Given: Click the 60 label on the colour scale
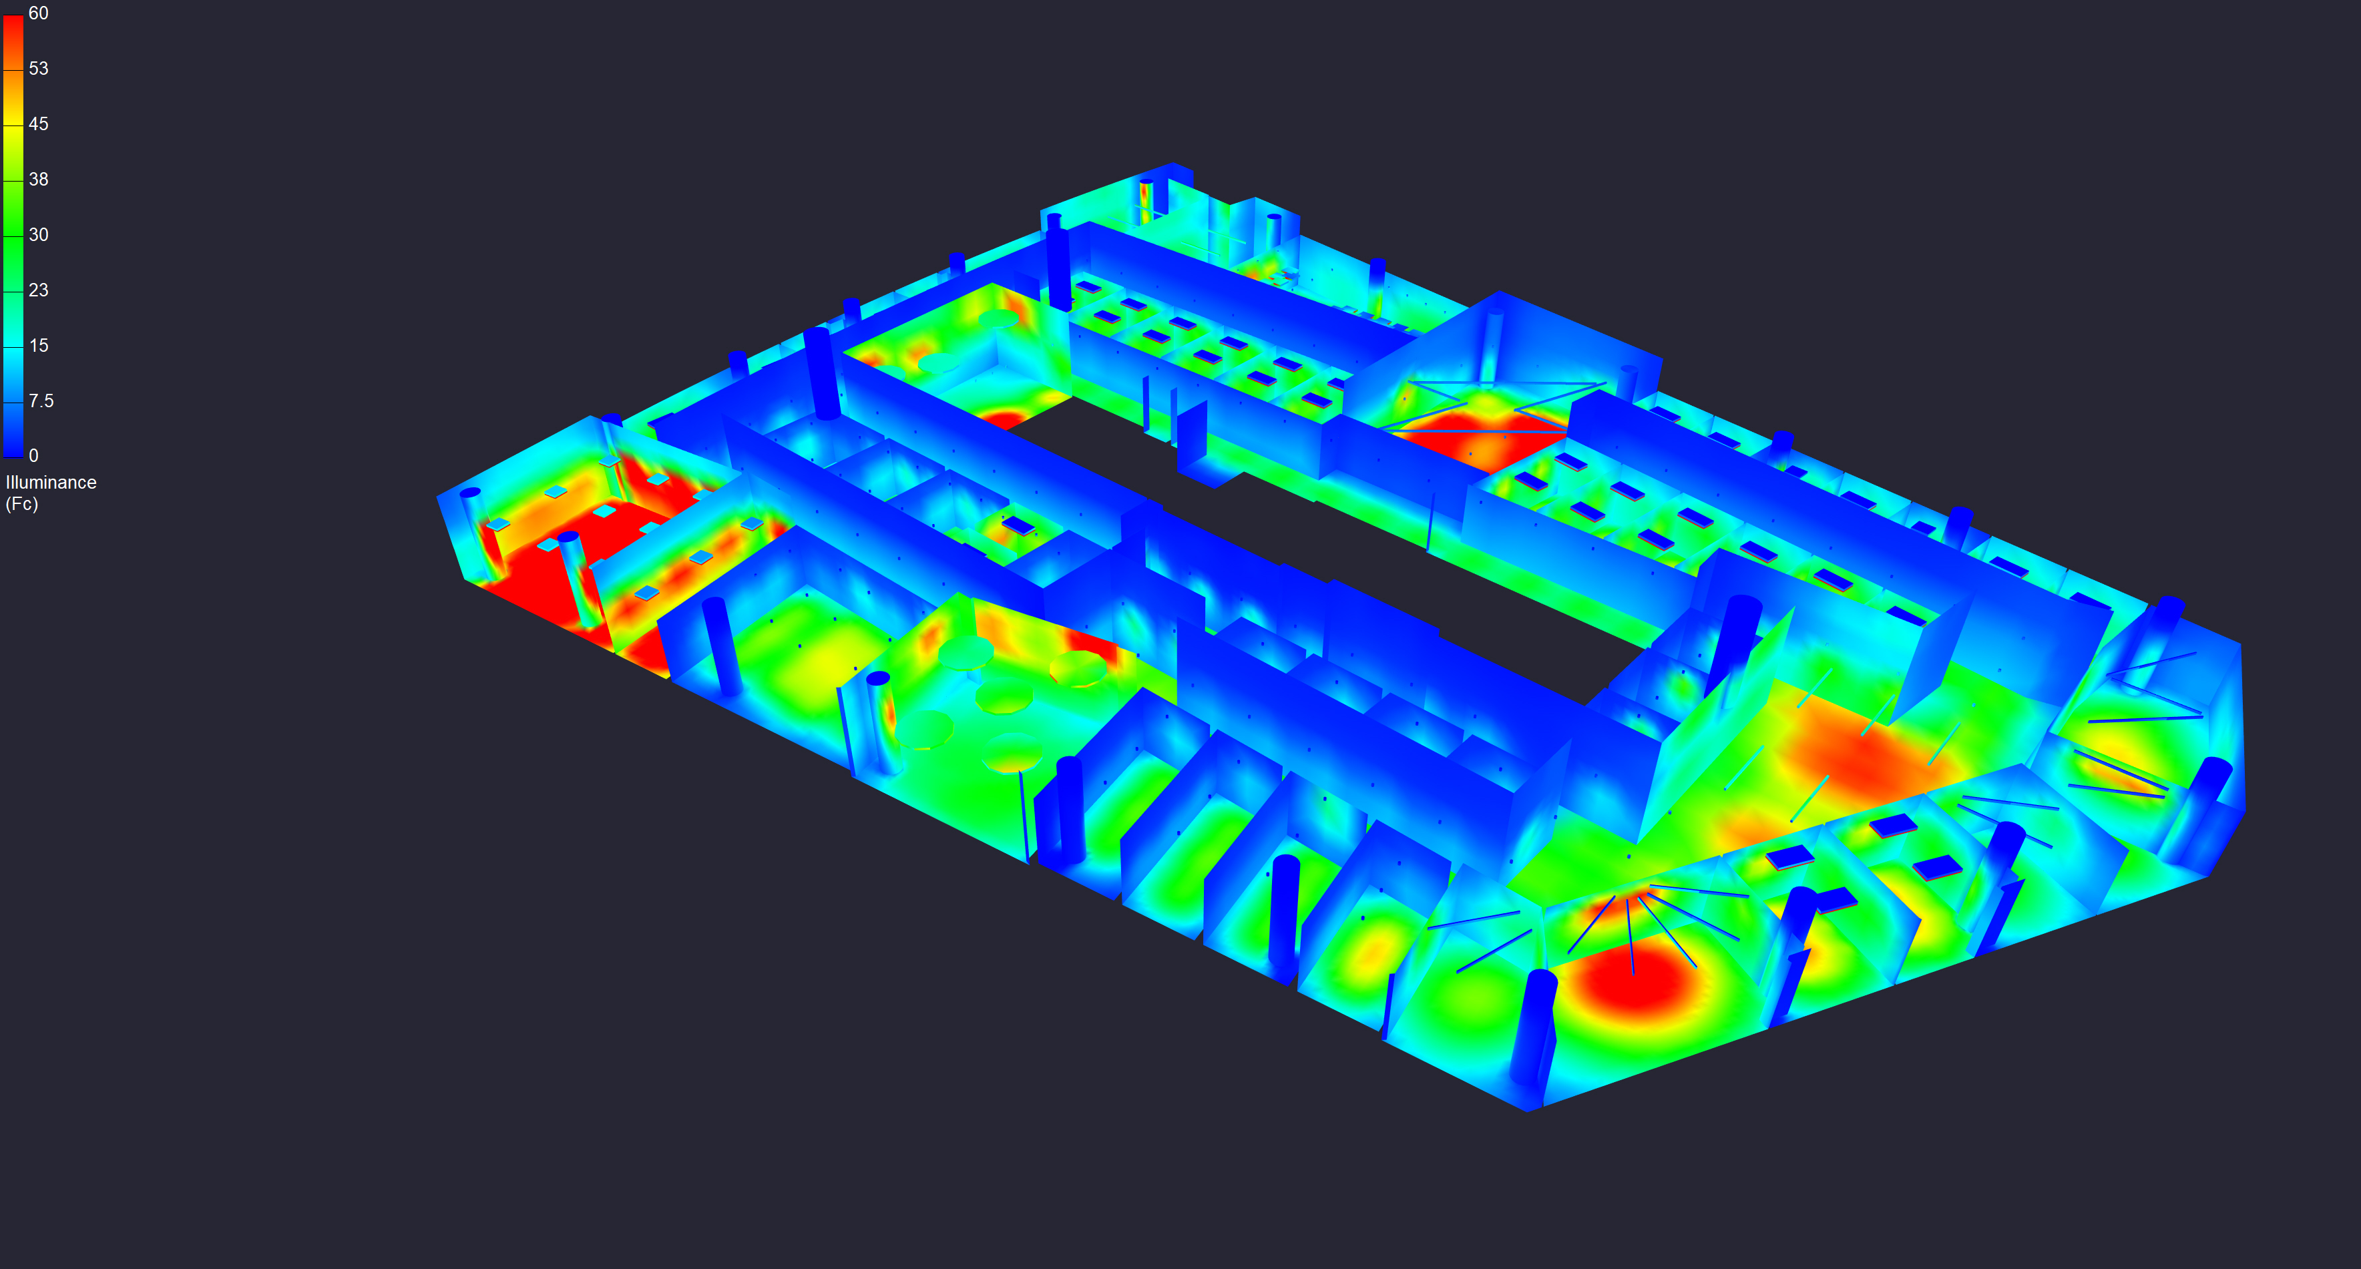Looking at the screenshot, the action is [x=39, y=13].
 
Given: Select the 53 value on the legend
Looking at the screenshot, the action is [x=39, y=69].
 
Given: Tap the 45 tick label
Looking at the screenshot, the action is [x=39, y=123].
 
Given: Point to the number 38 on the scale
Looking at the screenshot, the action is [x=39, y=180].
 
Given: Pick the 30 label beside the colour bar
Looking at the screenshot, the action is [x=39, y=234].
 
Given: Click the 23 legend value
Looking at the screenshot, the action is [x=39, y=290].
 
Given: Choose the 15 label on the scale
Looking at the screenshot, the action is [x=39, y=345].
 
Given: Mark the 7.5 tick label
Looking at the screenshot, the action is [x=41, y=401].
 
